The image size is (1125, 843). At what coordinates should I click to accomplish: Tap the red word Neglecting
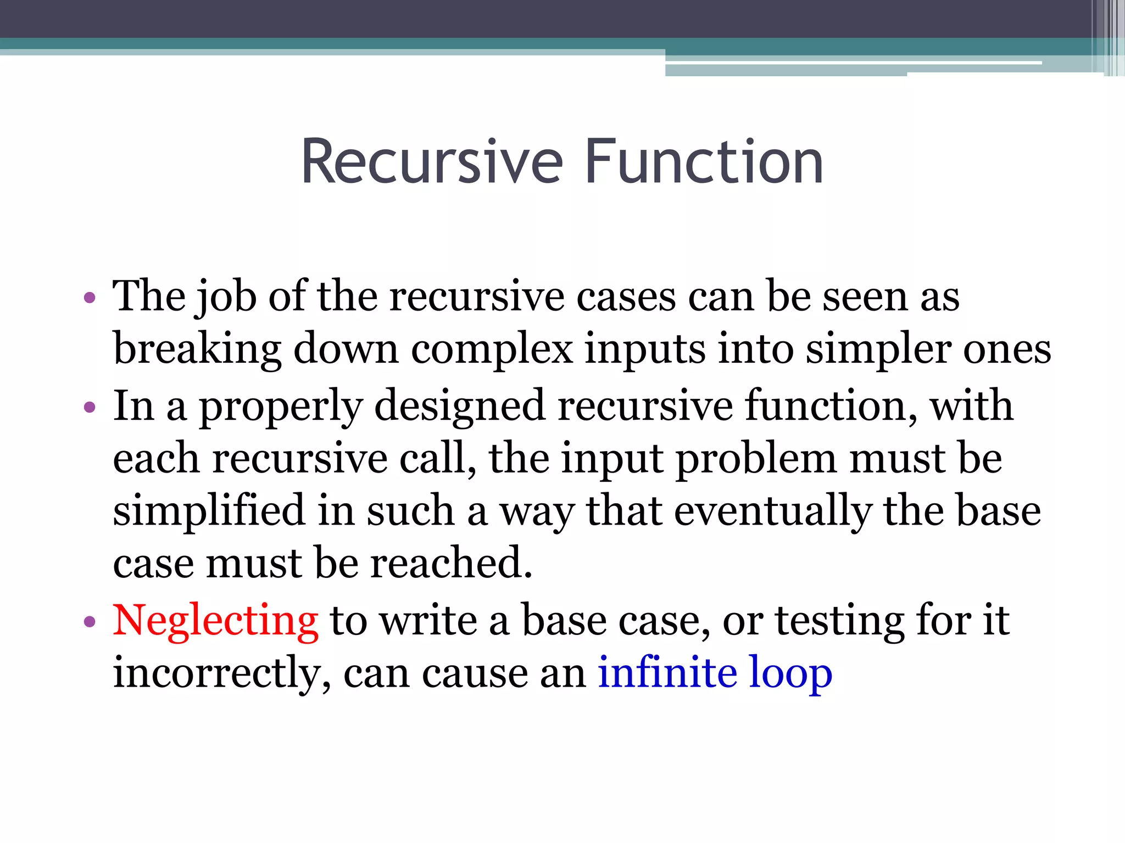(x=215, y=620)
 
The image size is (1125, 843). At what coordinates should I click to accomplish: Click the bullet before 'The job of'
(x=90, y=299)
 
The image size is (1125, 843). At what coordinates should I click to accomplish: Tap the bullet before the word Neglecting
(x=90, y=622)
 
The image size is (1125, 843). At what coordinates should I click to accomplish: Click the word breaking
(x=197, y=350)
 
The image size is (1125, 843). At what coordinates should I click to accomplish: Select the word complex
(x=492, y=350)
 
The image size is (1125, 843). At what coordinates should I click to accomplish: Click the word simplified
(x=209, y=510)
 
